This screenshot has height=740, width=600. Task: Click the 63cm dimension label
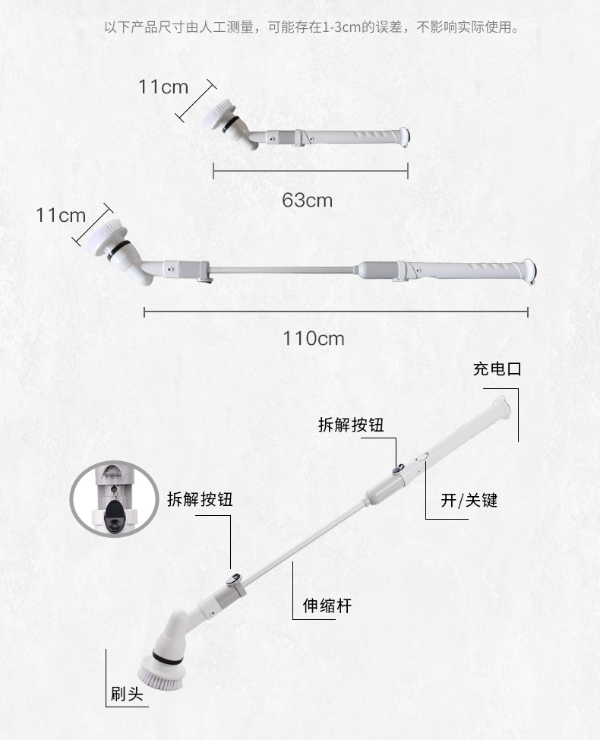(x=307, y=200)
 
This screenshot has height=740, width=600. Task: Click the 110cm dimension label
(x=314, y=338)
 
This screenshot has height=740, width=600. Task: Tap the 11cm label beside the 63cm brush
(x=163, y=87)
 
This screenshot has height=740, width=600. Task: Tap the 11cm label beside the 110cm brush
(x=61, y=215)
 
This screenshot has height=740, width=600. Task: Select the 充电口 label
(x=497, y=369)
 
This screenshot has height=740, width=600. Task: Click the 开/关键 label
(x=469, y=500)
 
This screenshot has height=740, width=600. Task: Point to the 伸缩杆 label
(x=327, y=606)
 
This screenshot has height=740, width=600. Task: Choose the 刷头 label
(x=127, y=694)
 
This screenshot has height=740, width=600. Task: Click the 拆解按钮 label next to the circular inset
(x=200, y=499)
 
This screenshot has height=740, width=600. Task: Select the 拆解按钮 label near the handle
(x=351, y=425)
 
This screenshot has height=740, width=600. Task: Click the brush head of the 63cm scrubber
(x=221, y=112)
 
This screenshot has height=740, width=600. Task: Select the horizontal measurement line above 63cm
(x=311, y=171)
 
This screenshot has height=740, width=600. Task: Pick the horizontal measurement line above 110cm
(x=336, y=312)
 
